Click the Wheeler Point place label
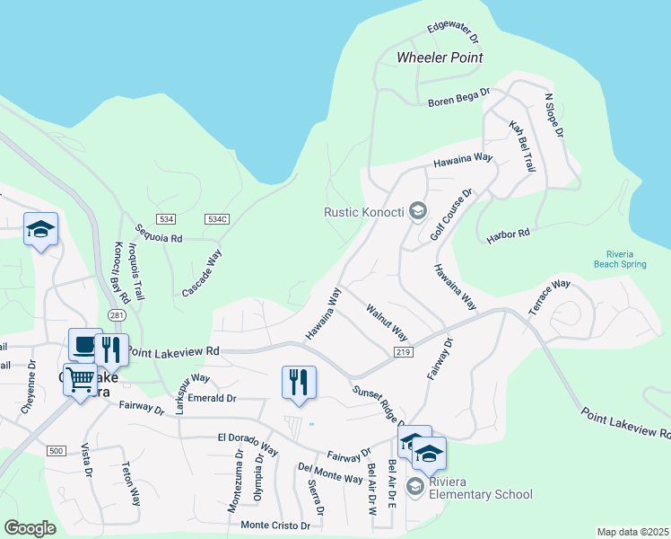440,57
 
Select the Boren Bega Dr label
458,94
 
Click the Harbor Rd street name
509,236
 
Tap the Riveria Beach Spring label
620,259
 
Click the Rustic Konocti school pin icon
416,212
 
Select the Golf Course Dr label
450,214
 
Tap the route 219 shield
402,352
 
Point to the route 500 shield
57,450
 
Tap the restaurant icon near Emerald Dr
299,382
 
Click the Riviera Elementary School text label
480,494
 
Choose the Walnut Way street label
387,322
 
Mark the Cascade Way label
202,273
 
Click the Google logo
30,528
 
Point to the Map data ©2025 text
632,532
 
